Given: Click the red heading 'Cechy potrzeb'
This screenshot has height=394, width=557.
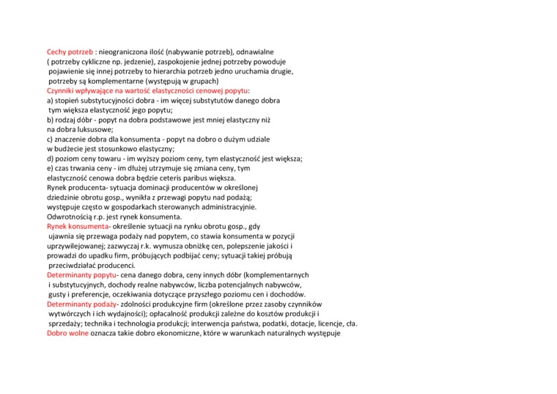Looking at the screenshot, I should [70, 52].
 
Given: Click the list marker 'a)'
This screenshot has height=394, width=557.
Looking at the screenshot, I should [51, 100].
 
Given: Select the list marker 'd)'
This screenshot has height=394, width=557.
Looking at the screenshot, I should [51, 158].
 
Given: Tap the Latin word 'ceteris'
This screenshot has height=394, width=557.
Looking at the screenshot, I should [170, 178].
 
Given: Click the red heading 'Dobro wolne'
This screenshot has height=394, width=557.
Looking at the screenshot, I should [67, 332].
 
